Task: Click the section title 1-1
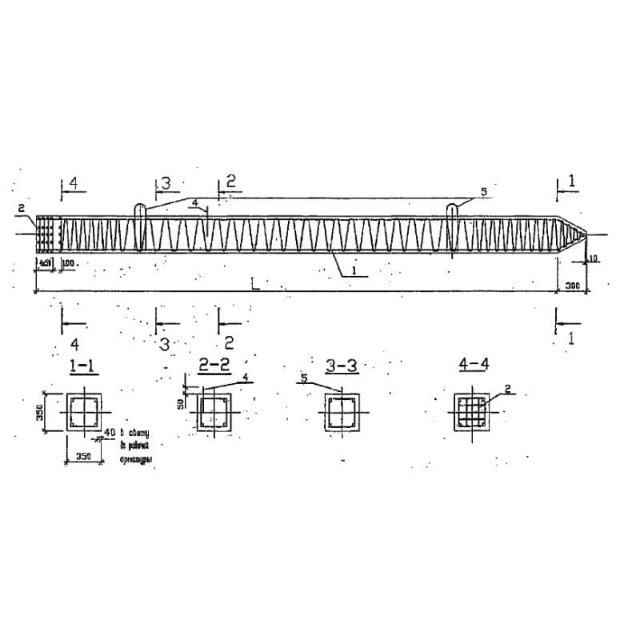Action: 82,366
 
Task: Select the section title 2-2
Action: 214,366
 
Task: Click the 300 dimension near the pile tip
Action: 571,285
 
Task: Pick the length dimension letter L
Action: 254,282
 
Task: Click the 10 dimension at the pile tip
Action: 592,258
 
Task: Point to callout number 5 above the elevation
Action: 483,192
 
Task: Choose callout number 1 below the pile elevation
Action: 352,271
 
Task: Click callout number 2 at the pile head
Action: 20,210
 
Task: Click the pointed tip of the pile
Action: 588,234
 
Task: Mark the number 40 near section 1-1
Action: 110,433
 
